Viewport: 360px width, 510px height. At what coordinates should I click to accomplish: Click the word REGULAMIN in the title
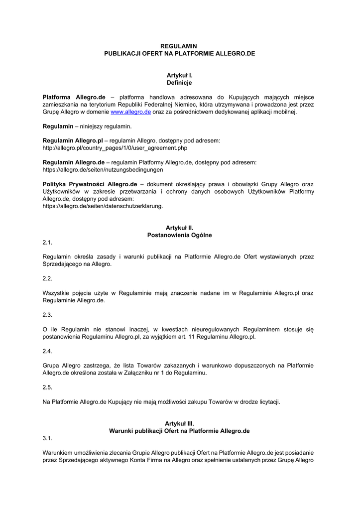179,46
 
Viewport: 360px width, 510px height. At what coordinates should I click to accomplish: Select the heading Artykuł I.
179,75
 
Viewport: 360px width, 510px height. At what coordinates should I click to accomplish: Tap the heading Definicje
179,83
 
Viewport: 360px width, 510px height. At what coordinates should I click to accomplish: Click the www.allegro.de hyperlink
130,112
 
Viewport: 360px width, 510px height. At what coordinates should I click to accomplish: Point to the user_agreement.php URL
115,148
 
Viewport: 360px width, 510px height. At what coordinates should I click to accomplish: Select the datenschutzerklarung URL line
103,205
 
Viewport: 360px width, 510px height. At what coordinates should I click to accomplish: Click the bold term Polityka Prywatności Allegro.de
90,184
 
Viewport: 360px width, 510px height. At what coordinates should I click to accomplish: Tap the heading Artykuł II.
179,228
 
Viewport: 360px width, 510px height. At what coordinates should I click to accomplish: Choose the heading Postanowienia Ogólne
179,235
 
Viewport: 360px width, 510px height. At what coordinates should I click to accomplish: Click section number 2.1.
48,243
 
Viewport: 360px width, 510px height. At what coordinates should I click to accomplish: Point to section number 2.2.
48,278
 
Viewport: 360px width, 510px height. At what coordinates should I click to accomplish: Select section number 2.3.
48,315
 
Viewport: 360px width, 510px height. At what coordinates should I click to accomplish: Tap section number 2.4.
48,351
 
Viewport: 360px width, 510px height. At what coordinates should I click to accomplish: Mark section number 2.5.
48,387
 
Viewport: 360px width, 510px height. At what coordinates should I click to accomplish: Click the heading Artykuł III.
179,423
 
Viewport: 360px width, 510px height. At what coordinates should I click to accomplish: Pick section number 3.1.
48,438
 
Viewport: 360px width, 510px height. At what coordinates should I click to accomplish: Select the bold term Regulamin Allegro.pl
73,141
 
